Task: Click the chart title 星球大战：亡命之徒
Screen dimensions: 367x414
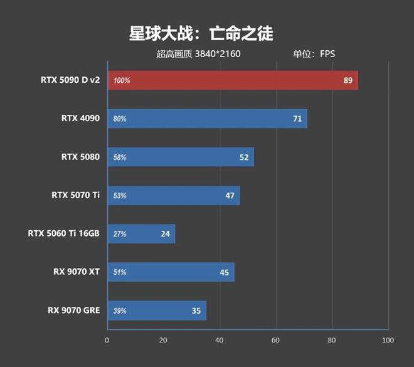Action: pyautogui.click(x=201, y=33)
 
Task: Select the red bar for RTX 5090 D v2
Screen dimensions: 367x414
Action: pyautogui.click(x=232, y=80)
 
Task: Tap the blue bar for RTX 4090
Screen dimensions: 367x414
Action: pyautogui.click(x=207, y=119)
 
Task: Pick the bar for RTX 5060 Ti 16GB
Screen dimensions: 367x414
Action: pyautogui.click(x=141, y=234)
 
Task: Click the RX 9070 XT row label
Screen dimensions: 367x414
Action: pyautogui.click(x=76, y=272)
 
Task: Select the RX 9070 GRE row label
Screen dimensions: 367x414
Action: pyautogui.click(x=73, y=310)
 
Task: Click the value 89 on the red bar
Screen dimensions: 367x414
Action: pyautogui.click(x=348, y=80)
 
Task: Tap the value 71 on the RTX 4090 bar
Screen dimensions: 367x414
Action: pyautogui.click(x=297, y=119)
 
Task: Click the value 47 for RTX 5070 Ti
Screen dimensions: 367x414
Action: pyautogui.click(x=230, y=196)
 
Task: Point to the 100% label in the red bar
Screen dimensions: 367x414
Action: pyautogui.click(x=122, y=81)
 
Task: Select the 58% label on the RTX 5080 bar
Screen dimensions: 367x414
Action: pyautogui.click(x=119, y=157)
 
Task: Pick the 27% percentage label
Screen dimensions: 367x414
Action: pyautogui.click(x=119, y=234)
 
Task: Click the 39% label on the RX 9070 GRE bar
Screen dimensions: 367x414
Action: pyautogui.click(x=119, y=311)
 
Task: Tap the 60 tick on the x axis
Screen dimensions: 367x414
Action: pyautogui.click(x=275, y=340)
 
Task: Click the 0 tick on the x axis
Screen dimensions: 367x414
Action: pyautogui.click(x=107, y=340)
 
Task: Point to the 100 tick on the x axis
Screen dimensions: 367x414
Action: pyautogui.click(x=388, y=340)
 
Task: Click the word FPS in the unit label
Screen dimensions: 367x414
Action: pyautogui.click(x=327, y=54)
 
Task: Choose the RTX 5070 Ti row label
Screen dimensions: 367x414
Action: pyautogui.click(x=75, y=195)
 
